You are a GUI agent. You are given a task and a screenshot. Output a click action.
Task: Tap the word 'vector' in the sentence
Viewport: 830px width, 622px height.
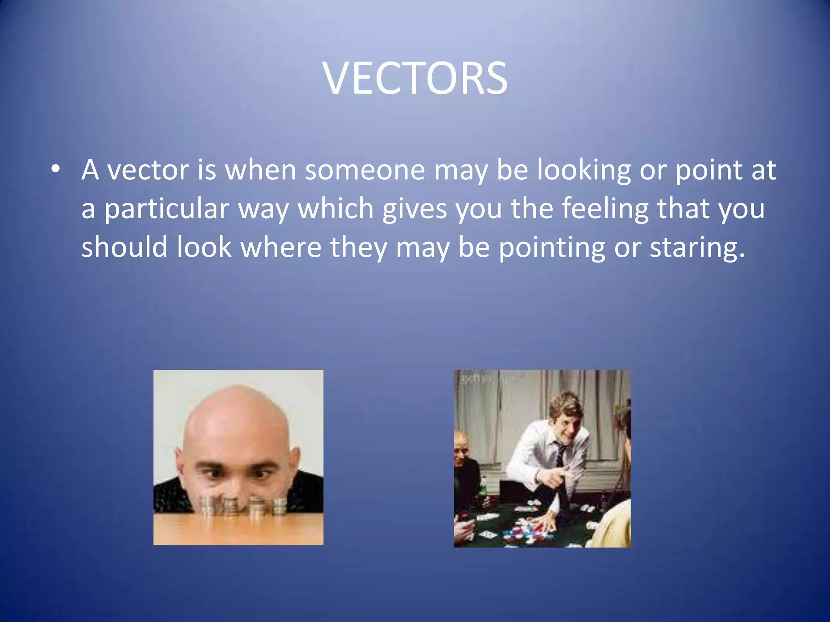pos(148,170)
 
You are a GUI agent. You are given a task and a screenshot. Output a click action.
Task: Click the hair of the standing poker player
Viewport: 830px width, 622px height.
pos(565,401)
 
